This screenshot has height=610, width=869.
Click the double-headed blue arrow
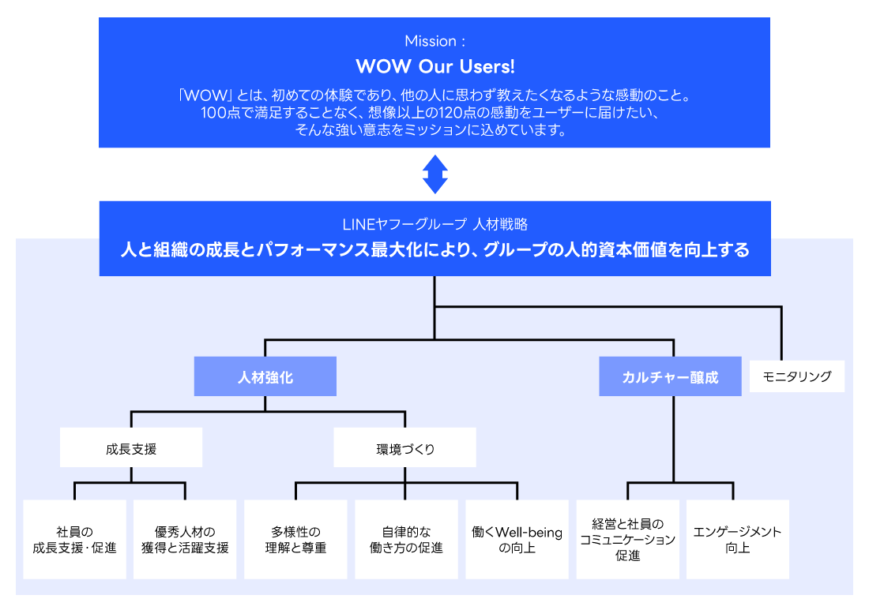(434, 174)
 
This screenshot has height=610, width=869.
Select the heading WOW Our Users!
(434, 65)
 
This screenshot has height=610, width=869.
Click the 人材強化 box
(265, 376)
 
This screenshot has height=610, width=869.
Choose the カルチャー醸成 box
(670, 376)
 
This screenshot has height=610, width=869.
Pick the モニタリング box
(796, 376)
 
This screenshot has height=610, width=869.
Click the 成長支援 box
(131, 448)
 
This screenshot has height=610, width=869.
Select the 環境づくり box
(404, 448)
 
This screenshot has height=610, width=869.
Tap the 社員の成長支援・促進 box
(74, 539)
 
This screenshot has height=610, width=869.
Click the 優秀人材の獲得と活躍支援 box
(185, 539)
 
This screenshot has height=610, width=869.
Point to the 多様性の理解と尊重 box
(295, 539)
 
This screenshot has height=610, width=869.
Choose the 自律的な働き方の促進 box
(406, 539)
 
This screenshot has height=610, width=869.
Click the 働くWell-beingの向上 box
(517, 539)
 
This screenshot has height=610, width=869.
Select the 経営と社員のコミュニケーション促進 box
(627, 539)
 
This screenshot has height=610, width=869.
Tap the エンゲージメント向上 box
(737, 539)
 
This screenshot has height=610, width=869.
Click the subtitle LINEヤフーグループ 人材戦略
(434, 224)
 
